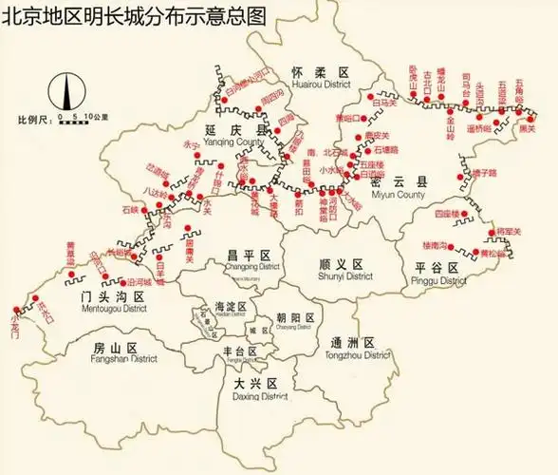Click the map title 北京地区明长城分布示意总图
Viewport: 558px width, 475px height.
(x=134, y=16)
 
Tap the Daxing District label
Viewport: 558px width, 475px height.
(x=259, y=389)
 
